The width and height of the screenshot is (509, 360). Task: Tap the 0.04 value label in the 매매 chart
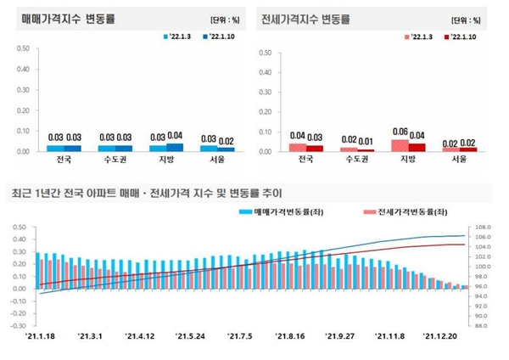pyautogui.click(x=175, y=136)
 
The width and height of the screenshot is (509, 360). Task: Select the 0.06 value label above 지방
pyautogui.click(x=400, y=132)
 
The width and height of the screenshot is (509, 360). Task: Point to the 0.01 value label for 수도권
pyautogui.click(x=366, y=141)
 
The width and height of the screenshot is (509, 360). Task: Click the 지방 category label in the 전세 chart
pyautogui.click(x=408, y=159)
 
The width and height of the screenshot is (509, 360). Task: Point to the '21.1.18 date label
pyautogui.click(x=41, y=336)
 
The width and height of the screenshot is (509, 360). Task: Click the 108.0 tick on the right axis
pyautogui.click(x=484, y=228)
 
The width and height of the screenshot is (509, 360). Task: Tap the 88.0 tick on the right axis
pyautogui.click(x=484, y=325)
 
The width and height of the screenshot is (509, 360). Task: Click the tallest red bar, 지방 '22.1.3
pyautogui.click(x=400, y=145)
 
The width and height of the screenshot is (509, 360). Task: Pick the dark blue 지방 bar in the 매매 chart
pyautogui.click(x=175, y=147)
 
